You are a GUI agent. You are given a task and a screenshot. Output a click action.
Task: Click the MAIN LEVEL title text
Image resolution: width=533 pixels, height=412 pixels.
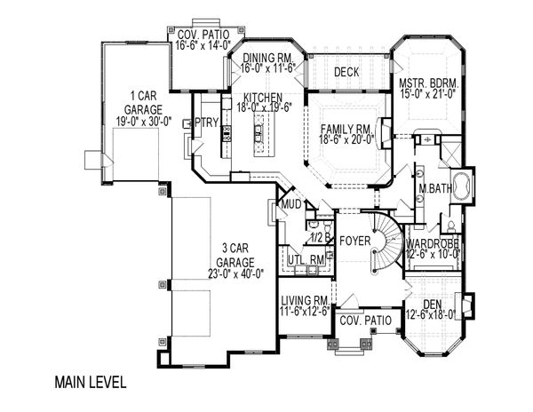pos(91,382)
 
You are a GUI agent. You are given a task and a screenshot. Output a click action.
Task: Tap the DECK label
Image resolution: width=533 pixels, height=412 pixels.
pos(346,72)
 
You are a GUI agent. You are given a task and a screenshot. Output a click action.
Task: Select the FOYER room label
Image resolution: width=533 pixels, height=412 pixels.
pos(354,241)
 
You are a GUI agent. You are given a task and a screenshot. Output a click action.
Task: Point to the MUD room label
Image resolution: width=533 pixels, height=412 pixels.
pos(291,204)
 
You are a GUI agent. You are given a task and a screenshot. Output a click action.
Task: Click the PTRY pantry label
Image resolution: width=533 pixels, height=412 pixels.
pos(206,123)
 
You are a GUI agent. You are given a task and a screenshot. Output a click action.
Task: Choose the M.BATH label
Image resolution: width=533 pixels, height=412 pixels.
pos(435,188)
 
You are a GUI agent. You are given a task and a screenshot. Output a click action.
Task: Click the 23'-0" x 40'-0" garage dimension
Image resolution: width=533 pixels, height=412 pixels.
pos(236,273)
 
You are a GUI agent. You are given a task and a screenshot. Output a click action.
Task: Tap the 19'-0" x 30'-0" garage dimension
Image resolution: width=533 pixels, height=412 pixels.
pos(143,122)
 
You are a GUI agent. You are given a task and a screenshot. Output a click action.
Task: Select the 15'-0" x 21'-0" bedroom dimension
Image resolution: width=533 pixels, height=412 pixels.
pos(427,93)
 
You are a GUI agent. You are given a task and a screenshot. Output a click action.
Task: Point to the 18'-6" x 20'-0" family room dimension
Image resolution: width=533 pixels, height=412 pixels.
pos(346,139)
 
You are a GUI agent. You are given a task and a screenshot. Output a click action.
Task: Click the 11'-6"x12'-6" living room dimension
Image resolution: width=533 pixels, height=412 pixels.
pos(305,311)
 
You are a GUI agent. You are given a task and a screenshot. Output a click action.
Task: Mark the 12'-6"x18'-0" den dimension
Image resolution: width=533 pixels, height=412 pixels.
pos(431,315)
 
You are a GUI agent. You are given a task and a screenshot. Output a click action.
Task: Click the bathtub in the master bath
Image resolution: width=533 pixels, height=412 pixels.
pos(461,186)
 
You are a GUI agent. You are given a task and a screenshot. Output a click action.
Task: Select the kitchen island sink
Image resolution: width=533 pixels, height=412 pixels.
pos(259,134)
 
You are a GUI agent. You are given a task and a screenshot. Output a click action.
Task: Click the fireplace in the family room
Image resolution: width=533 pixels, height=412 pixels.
pos(385,133)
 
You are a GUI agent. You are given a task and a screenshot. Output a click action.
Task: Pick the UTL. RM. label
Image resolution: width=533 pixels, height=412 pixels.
pos(306,260)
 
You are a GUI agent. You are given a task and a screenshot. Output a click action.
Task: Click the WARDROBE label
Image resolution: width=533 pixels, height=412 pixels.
pos(433,243)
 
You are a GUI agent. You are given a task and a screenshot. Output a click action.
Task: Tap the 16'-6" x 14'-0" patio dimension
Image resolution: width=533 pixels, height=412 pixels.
pos(203,44)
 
